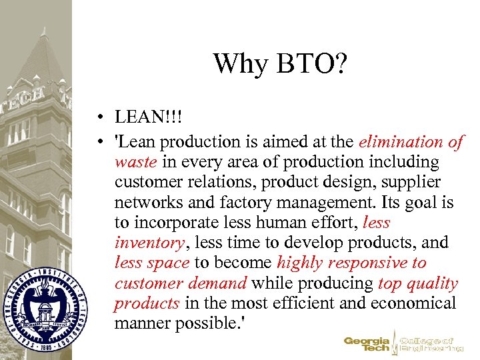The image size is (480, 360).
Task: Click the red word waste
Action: coord(135,162)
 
